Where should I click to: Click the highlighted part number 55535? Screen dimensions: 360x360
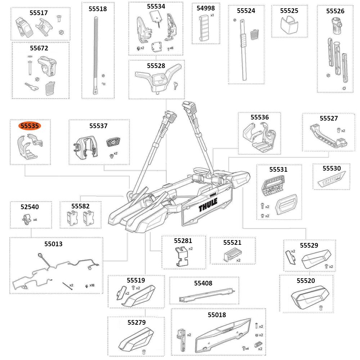pyautogui.click(x=30, y=126)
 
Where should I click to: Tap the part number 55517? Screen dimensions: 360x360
pyautogui.click(x=39, y=13)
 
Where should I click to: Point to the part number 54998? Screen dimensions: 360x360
pyautogui.click(x=206, y=8)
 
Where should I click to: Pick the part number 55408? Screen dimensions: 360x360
pyautogui.click(x=203, y=283)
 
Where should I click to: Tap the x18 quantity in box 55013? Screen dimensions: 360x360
pyautogui.click(x=92, y=285)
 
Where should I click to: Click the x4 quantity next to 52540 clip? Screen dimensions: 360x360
pyautogui.click(x=35, y=219)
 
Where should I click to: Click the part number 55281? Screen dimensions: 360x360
pyautogui.click(x=183, y=240)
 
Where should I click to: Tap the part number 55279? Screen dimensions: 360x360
pyautogui.click(x=136, y=322)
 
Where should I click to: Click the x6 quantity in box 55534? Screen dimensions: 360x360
pyautogui.click(x=171, y=48)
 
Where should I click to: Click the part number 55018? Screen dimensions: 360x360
pyautogui.click(x=217, y=315)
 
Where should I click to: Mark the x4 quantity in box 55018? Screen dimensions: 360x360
pyautogui.click(x=247, y=348)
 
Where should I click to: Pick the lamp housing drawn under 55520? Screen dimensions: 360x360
pyautogui.click(x=309, y=296)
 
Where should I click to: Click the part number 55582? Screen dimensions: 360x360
pyautogui.click(x=80, y=206)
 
